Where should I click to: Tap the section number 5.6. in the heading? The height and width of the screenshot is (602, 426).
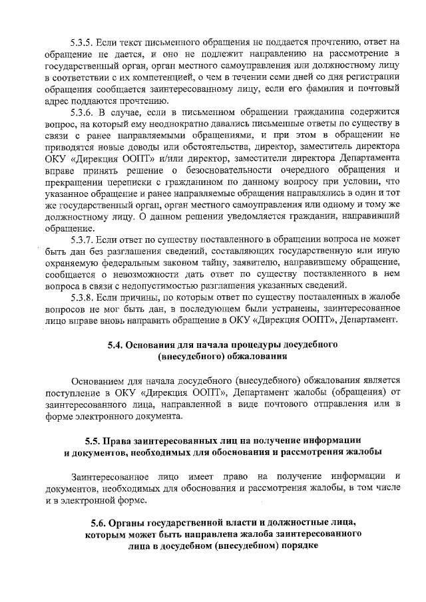(x=100, y=524)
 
